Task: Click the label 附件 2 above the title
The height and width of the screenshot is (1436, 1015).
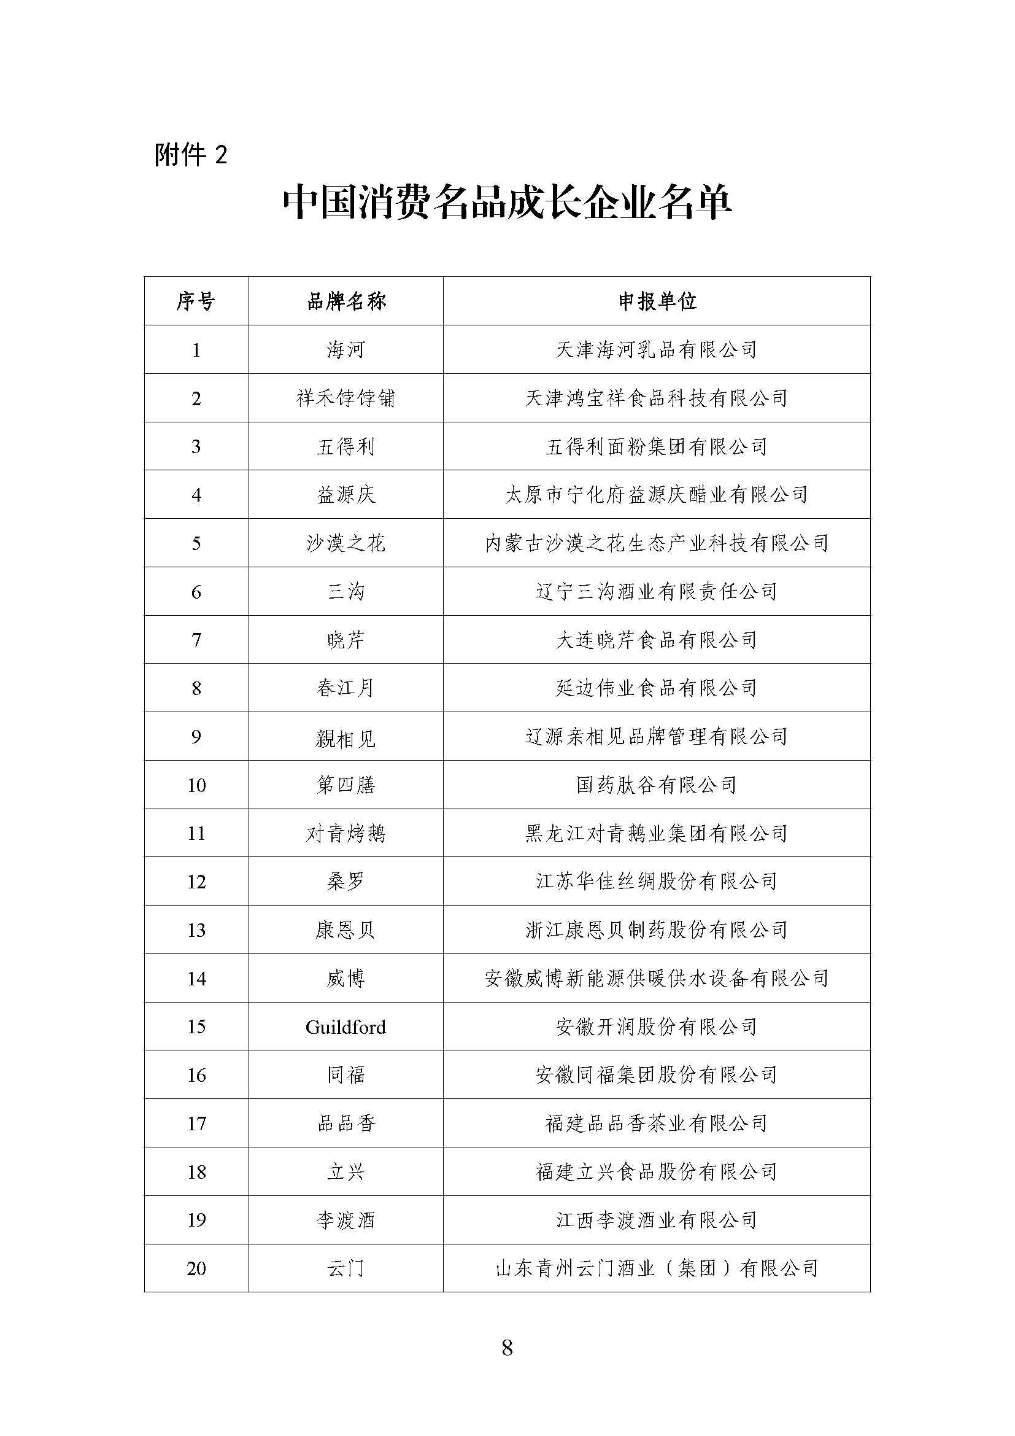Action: pyautogui.click(x=191, y=155)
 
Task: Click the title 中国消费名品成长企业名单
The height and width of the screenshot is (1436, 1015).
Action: pyautogui.click(x=507, y=203)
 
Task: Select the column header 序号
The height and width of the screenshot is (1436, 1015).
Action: pyautogui.click(x=196, y=301)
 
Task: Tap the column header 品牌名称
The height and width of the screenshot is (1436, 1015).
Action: pyautogui.click(x=345, y=301)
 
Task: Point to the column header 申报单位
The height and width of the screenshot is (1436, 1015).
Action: pyautogui.click(x=657, y=301)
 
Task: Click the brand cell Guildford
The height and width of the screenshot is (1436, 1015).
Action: pyautogui.click(x=345, y=1027)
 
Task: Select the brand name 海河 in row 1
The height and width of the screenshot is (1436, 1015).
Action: pyautogui.click(x=345, y=349)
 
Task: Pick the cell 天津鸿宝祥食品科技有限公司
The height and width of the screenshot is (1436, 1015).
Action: pyautogui.click(x=657, y=398)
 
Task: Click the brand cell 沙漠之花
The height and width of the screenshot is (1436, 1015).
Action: pyautogui.click(x=345, y=543)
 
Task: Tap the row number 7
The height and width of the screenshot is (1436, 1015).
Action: pyautogui.click(x=196, y=640)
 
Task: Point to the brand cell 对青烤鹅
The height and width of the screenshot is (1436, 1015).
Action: pyautogui.click(x=345, y=833)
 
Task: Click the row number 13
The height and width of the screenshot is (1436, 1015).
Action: pyautogui.click(x=196, y=930)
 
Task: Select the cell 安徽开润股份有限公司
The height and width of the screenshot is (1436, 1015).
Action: pyautogui.click(x=657, y=1027)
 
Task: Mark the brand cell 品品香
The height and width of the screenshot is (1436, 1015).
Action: pyautogui.click(x=345, y=1124)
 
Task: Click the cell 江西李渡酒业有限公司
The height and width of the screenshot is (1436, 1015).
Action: pyautogui.click(x=657, y=1221)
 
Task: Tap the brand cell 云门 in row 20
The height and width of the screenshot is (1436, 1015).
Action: pyautogui.click(x=345, y=1268)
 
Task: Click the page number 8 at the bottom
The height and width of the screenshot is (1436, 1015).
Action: pyautogui.click(x=507, y=1347)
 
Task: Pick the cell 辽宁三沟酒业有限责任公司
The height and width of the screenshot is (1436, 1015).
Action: pyautogui.click(x=657, y=592)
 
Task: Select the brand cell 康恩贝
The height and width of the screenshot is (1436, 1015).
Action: pyautogui.click(x=345, y=930)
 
